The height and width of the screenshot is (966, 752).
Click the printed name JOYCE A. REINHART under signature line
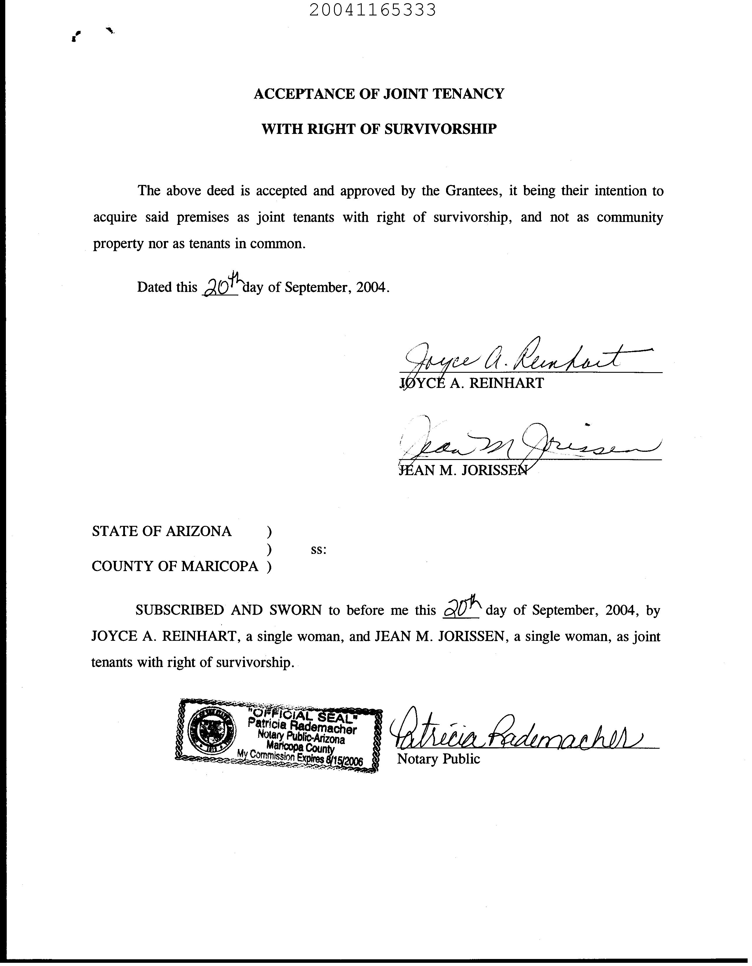pyautogui.click(x=471, y=383)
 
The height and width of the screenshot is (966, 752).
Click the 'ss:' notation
pyautogui.click(x=319, y=550)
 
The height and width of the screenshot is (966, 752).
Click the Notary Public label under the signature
pyautogui.click(x=438, y=759)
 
